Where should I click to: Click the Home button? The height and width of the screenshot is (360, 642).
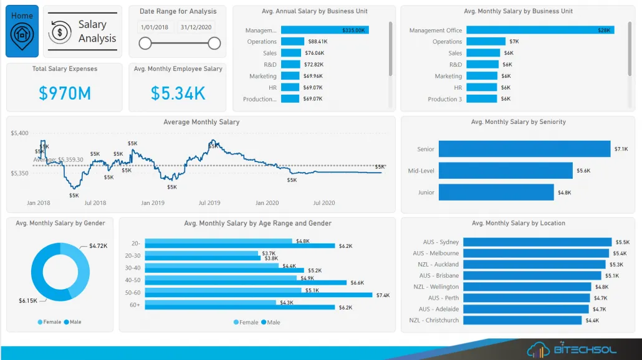click(x=22, y=31)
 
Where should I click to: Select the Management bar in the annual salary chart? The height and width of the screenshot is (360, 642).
click(x=325, y=30)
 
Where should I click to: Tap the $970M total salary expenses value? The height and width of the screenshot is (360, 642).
click(x=65, y=93)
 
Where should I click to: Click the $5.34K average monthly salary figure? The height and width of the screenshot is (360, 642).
click(x=178, y=93)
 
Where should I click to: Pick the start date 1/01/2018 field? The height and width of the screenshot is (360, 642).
click(x=155, y=27)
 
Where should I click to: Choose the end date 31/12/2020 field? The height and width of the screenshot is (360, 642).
click(x=196, y=27)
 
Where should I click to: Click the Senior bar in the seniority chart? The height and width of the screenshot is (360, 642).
click(x=524, y=149)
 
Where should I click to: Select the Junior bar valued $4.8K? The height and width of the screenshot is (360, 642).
click(x=496, y=192)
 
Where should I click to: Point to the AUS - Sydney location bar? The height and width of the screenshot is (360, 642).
click(x=537, y=242)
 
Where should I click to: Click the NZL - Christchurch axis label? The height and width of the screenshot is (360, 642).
click(x=434, y=320)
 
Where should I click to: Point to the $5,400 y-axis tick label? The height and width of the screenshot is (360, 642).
click(x=19, y=133)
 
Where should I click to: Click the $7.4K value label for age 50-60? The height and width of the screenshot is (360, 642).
click(x=382, y=295)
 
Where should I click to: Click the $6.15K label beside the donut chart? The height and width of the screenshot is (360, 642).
click(x=28, y=301)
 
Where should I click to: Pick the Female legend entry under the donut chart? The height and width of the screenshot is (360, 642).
click(x=50, y=322)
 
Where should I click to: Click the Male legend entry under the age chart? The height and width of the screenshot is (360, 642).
click(x=271, y=322)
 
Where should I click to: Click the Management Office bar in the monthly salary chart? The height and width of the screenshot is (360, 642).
click(x=540, y=30)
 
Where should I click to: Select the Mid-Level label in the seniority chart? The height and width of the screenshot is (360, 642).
click(x=421, y=171)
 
